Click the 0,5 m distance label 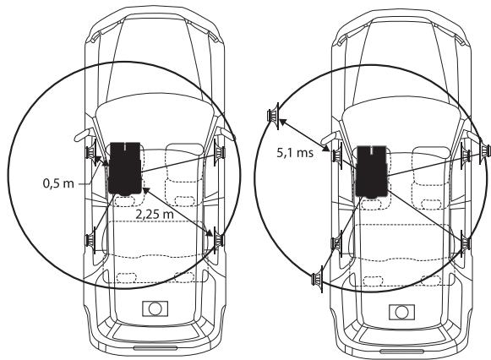point(58,183)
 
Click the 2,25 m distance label point(155,214)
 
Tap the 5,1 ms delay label point(295,152)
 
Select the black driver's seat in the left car point(125,169)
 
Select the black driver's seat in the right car point(372,172)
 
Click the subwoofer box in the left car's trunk point(155,308)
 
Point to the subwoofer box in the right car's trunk point(401,312)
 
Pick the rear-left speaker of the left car point(90,240)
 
